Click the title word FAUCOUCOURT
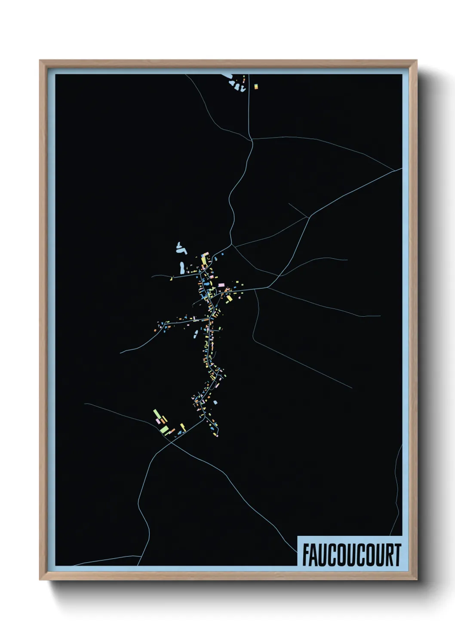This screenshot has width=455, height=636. tap(351, 555)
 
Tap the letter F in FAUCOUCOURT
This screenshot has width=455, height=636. tap(306, 555)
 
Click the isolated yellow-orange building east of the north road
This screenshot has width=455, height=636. tap(256, 86)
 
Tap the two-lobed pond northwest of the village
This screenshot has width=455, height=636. tap(180, 248)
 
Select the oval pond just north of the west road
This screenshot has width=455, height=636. tap(182, 268)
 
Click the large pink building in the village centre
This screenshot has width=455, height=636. tap(221, 285)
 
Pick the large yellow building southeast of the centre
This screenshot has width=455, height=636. tap(229, 298)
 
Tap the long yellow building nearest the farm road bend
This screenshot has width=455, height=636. tap(183, 427)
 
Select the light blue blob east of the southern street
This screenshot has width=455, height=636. tap(215, 403)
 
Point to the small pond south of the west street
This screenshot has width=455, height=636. tap(196, 333)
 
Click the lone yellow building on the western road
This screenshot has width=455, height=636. tap(171, 279)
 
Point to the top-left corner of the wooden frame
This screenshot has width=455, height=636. tap(40, 61)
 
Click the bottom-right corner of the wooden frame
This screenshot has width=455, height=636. tap(416, 579)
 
